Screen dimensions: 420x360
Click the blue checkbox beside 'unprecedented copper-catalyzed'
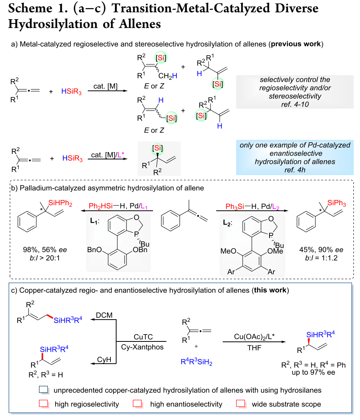point(43,390)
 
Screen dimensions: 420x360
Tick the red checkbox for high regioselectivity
point(43,404)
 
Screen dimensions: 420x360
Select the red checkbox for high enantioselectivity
point(137,404)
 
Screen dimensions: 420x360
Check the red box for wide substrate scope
point(240,404)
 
